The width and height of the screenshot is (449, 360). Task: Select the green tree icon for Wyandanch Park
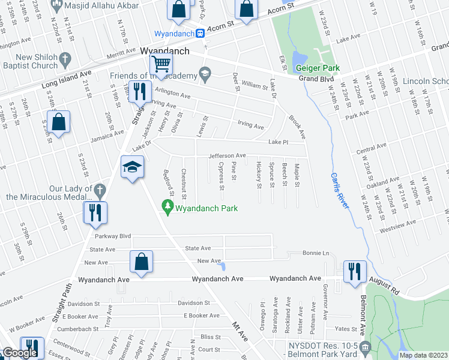click(x=166, y=208)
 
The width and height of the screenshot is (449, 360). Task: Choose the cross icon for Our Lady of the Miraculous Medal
click(x=100, y=191)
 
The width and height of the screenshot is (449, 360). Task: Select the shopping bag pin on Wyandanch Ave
click(x=142, y=262)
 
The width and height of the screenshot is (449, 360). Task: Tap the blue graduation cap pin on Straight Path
click(x=132, y=167)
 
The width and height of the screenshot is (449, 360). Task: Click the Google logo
click(x=20, y=353)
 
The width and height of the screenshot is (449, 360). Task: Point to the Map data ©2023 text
click(x=423, y=355)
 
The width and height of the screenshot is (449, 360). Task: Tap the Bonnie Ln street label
click(x=316, y=253)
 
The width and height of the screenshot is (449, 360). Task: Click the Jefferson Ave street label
click(x=227, y=155)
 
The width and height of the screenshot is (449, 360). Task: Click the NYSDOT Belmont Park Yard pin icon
click(x=364, y=347)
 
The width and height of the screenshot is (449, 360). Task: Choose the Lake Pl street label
click(x=279, y=143)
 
